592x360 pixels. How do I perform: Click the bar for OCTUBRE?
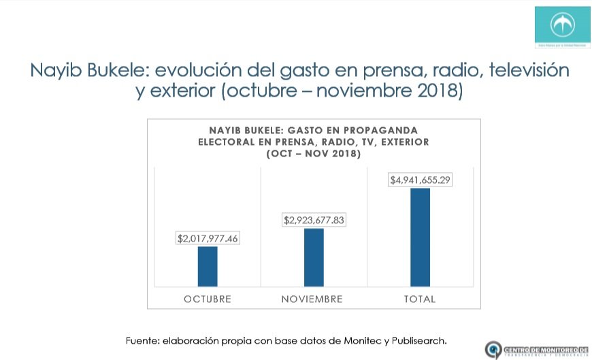point(208,266)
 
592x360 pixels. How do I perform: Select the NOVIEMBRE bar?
point(314,257)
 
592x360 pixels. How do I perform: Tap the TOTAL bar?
point(420,237)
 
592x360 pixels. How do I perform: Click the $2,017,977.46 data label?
point(208,239)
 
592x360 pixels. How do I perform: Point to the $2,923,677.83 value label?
point(314,220)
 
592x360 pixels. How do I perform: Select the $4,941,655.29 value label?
point(420,180)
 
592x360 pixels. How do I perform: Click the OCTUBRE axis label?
point(208,299)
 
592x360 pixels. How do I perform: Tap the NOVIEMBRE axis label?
point(312,299)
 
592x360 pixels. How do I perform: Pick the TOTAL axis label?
point(419,299)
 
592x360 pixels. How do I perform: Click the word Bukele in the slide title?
point(116,70)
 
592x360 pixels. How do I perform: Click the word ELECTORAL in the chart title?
point(228,142)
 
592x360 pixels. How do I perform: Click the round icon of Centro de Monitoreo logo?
point(493,349)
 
